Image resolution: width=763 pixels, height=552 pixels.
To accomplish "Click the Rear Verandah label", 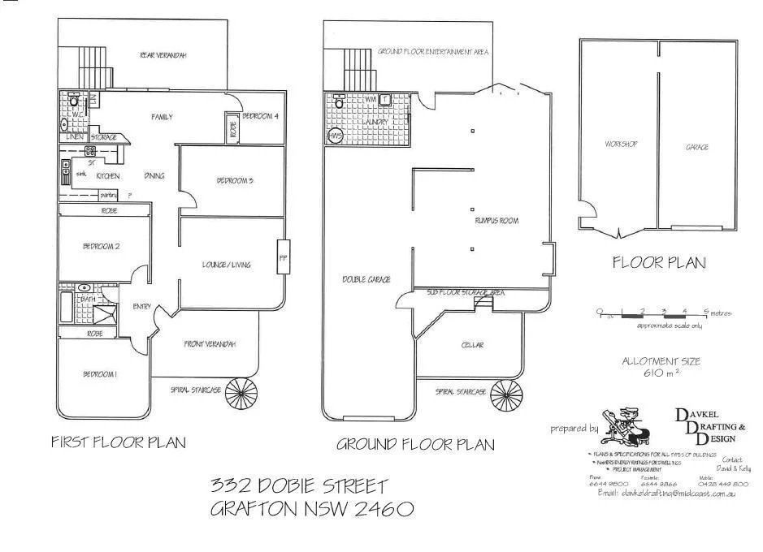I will pyautogui.click(x=163, y=55).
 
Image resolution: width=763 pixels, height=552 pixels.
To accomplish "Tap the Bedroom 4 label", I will pyautogui.click(x=260, y=116).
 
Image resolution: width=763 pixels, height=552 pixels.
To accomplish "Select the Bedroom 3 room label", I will pyautogui.click(x=234, y=180).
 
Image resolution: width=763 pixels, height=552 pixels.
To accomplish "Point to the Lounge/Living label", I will pyautogui.click(x=227, y=265).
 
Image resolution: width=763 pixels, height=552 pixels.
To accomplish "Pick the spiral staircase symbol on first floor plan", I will pyautogui.click(x=241, y=395).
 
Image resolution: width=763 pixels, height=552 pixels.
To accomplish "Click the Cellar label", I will pyautogui.click(x=472, y=345).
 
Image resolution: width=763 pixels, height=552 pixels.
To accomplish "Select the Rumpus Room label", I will pyautogui.click(x=496, y=221).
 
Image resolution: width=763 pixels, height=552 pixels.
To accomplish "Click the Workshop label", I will pyautogui.click(x=620, y=144).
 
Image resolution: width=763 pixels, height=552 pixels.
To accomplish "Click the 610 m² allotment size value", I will pyautogui.click(x=660, y=373).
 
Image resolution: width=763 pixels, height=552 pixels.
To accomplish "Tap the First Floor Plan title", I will pyautogui.click(x=119, y=442).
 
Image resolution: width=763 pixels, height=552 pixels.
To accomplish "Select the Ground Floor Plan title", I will pyautogui.click(x=414, y=444).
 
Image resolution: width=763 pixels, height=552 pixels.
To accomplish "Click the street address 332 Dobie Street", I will pyautogui.click(x=300, y=486).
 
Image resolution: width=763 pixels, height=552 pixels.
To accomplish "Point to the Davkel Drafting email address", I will pyautogui.click(x=666, y=493).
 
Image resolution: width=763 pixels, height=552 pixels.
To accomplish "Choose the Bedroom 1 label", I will pyautogui.click(x=100, y=374).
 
